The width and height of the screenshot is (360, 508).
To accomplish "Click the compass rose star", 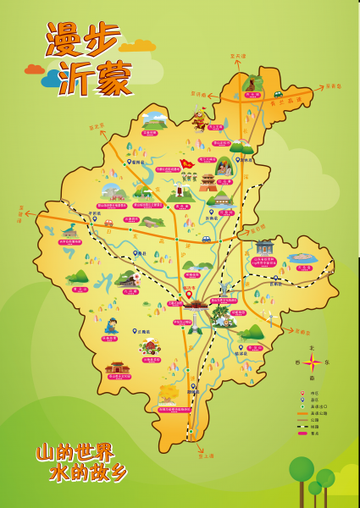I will pyautogui.click(x=313, y=363).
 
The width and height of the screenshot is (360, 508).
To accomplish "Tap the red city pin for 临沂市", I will pyautogui.click(x=189, y=295).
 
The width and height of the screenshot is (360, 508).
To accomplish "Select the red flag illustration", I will pyautogui.click(x=186, y=163).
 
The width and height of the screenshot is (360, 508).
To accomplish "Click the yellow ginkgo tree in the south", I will pyautogui.click(x=169, y=393).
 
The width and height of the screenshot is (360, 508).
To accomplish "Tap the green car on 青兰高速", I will pyautogui.click(x=206, y=239).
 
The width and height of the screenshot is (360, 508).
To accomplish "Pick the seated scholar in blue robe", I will pyautogui.click(x=110, y=325).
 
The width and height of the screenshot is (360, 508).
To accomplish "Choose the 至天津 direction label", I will pyautogui.click(x=238, y=56).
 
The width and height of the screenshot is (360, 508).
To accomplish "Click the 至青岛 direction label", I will pyautogui.click(x=333, y=86).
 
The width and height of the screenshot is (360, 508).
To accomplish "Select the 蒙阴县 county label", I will pyautogui.click(x=136, y=161).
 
